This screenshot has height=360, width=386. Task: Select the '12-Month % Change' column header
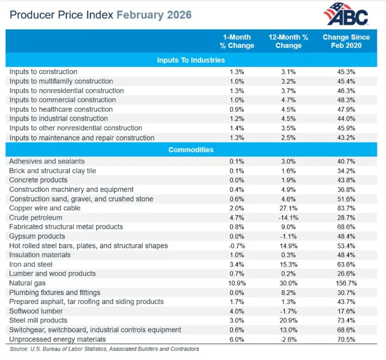click(x=289, y=41)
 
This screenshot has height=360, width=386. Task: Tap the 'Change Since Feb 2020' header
click(x=346, y=41)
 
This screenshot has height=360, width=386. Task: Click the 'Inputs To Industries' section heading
click(x=191, y=60)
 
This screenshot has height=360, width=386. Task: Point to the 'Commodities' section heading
click(x=191, y=150)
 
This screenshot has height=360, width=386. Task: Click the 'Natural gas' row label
click(x=27, y=283)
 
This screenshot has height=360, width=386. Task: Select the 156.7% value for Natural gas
click(x=346, y=283)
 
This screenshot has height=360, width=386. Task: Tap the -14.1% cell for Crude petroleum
click(x=289, y=218)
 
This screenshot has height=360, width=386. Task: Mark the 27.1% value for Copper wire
click(x=289, y=208)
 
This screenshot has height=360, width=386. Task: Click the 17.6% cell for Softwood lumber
click(x=346, y=311)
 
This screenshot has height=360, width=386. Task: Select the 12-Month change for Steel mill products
click(x=289, y=320)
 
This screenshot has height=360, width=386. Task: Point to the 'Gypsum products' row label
click(x=37, y=236)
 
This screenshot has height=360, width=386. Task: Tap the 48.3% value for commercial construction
click(x=346, y=100)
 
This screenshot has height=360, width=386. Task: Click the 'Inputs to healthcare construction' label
click(x=61, y=109)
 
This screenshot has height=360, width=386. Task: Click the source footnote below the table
click(x=104, y=349)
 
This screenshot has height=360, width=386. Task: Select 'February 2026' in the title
click(x=154, y=15)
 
